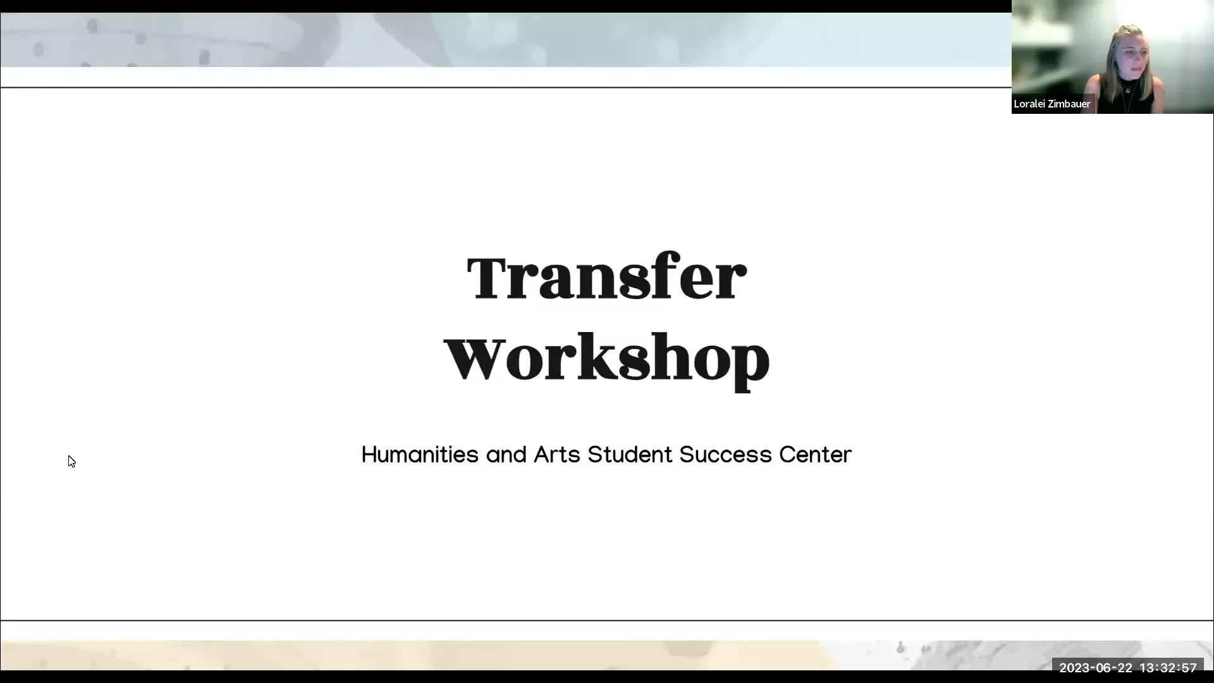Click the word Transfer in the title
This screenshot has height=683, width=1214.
(606, 277)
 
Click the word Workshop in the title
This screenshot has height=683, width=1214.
(606, 358)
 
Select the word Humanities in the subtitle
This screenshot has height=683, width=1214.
(420, 455)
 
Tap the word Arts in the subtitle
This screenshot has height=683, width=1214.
(556, 455)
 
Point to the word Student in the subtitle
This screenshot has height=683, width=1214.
(630, 455)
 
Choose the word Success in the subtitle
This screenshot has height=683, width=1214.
(725, 455)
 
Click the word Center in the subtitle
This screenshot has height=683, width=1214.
(815, 455)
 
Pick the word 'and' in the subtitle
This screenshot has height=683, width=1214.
(506, 455)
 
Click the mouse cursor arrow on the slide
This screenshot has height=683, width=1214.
(71, 461)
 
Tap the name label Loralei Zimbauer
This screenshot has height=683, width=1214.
(1052, 104)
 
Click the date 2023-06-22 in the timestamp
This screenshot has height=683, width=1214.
(1095, 668)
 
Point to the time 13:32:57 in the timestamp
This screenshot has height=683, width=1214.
(1168, 668)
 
